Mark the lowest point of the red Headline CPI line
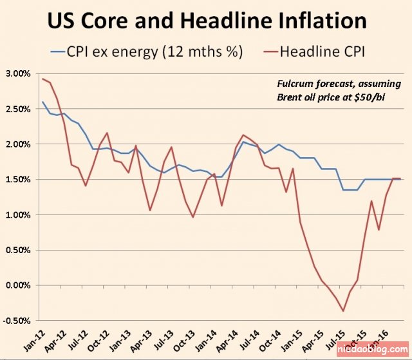click(x=343, y=311)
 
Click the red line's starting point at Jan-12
click(x=42, y=79)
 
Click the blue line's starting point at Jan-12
click(x=42, y=102)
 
